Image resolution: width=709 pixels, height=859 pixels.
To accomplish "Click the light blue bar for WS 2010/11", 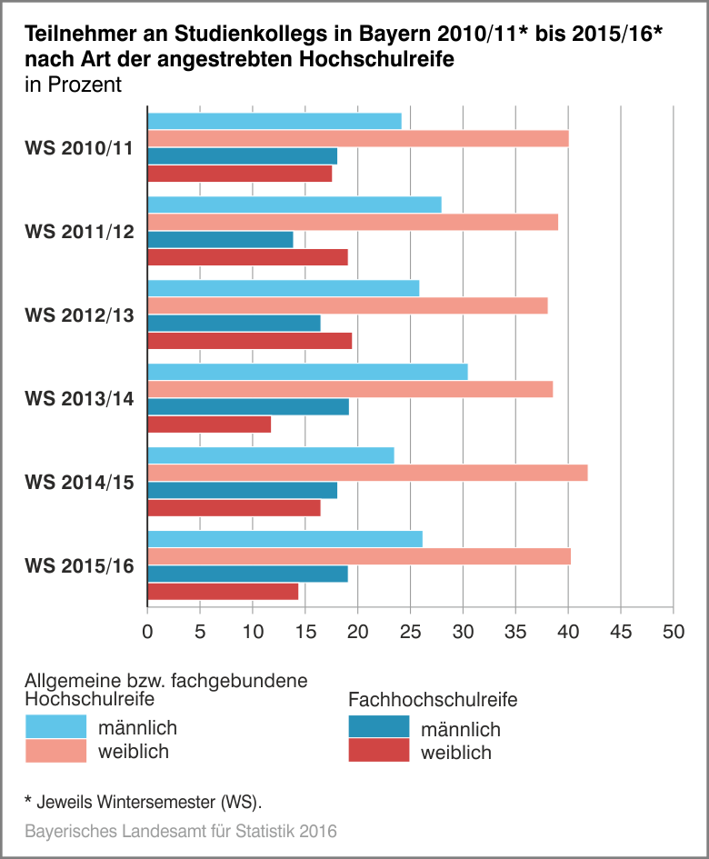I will point(275,121).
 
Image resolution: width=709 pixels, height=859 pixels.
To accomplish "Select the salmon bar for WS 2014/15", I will point(367,473).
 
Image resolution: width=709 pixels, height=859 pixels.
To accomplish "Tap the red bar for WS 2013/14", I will point(209,425).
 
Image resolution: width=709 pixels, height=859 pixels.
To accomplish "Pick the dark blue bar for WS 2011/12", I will point(220,240).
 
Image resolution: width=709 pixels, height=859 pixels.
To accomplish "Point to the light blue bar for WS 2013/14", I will point(307,372).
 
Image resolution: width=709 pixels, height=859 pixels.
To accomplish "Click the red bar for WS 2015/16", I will point(223,592).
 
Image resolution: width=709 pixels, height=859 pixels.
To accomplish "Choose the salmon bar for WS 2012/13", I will point(347,306).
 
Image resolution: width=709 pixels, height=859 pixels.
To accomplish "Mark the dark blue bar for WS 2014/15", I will point(242,491).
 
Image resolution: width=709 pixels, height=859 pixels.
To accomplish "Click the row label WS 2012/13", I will point(80,315).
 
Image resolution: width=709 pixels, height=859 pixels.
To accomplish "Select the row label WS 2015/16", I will point(80,566).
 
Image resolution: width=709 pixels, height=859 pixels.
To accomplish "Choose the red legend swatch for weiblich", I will point(379,752).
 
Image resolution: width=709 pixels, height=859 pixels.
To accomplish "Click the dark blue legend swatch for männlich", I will point(379,728).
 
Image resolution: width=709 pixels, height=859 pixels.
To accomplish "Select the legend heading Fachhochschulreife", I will point(433,700).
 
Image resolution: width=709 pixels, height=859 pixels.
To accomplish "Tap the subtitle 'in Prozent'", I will point(73,85).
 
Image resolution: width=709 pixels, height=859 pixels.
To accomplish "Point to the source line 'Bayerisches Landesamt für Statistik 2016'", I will point(181,831).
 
